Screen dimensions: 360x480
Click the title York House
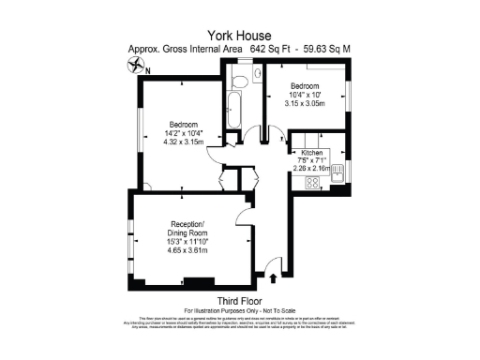[x=240, y=34]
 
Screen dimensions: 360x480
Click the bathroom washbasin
[x=235, y=82]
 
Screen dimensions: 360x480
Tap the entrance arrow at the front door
[x=273, y=276]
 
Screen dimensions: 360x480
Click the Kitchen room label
[x=312, y=150]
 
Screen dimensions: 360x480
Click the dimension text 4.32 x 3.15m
[x=183, y=142]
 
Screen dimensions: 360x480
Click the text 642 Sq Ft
[x=271, y=49]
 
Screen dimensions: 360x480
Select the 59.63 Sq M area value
[x=329, y=49]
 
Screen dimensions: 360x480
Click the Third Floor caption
[x=239, y=300]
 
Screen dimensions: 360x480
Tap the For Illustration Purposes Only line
[x=239, y=309]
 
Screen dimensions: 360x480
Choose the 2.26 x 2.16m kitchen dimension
[x=312, y=169]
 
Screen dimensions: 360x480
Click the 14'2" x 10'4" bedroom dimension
[x=183, y=133]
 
